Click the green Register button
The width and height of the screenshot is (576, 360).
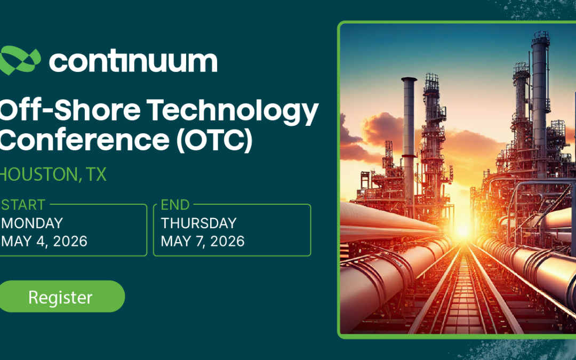pyautogui.click(x=61, y=297)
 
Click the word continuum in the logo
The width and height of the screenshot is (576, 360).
pyautogui.click(x=133, y=61)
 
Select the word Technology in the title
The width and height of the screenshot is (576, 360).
pyautogui.click(x=232, y=110)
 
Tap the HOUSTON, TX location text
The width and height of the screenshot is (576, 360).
pyautogui.click(x=53, y=174)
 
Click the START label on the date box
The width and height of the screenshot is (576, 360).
pyautogui.click(x=23, y=205)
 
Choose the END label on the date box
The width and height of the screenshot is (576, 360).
pyautogui.click(x=175, y=205)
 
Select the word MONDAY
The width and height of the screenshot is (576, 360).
pyautogui.click(x=32, y=223)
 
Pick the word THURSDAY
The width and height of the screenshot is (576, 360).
pyautogui.click(x=198, y=223)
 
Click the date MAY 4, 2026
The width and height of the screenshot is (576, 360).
pyautogui.click(x=44, y=241)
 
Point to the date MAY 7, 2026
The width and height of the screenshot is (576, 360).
pyautogui.click(x=203, y=241)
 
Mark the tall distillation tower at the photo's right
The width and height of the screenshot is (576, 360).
pyautogui.click(x=540, y=107)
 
